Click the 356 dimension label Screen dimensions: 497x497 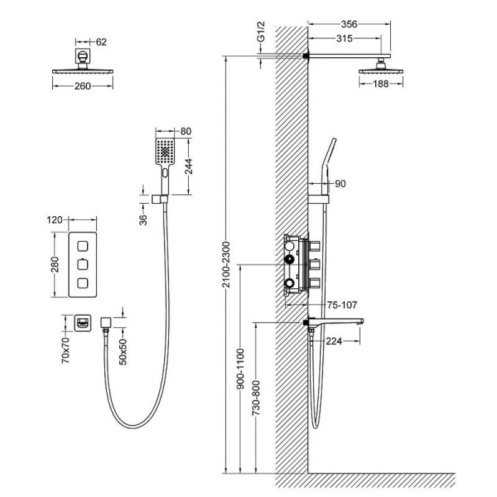[349, 24]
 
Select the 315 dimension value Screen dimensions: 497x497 [344, 39]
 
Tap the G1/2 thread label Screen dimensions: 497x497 [261, 32]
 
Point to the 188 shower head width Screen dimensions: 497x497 [380, 84]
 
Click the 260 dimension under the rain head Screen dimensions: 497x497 [83, 86]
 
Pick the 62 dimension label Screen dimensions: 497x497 [101, 42]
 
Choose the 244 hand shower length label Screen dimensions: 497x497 [189, 166]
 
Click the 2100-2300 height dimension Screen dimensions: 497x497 [226, 265]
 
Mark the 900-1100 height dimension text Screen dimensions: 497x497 [240, 368]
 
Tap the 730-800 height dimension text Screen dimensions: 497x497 [256, 398]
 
